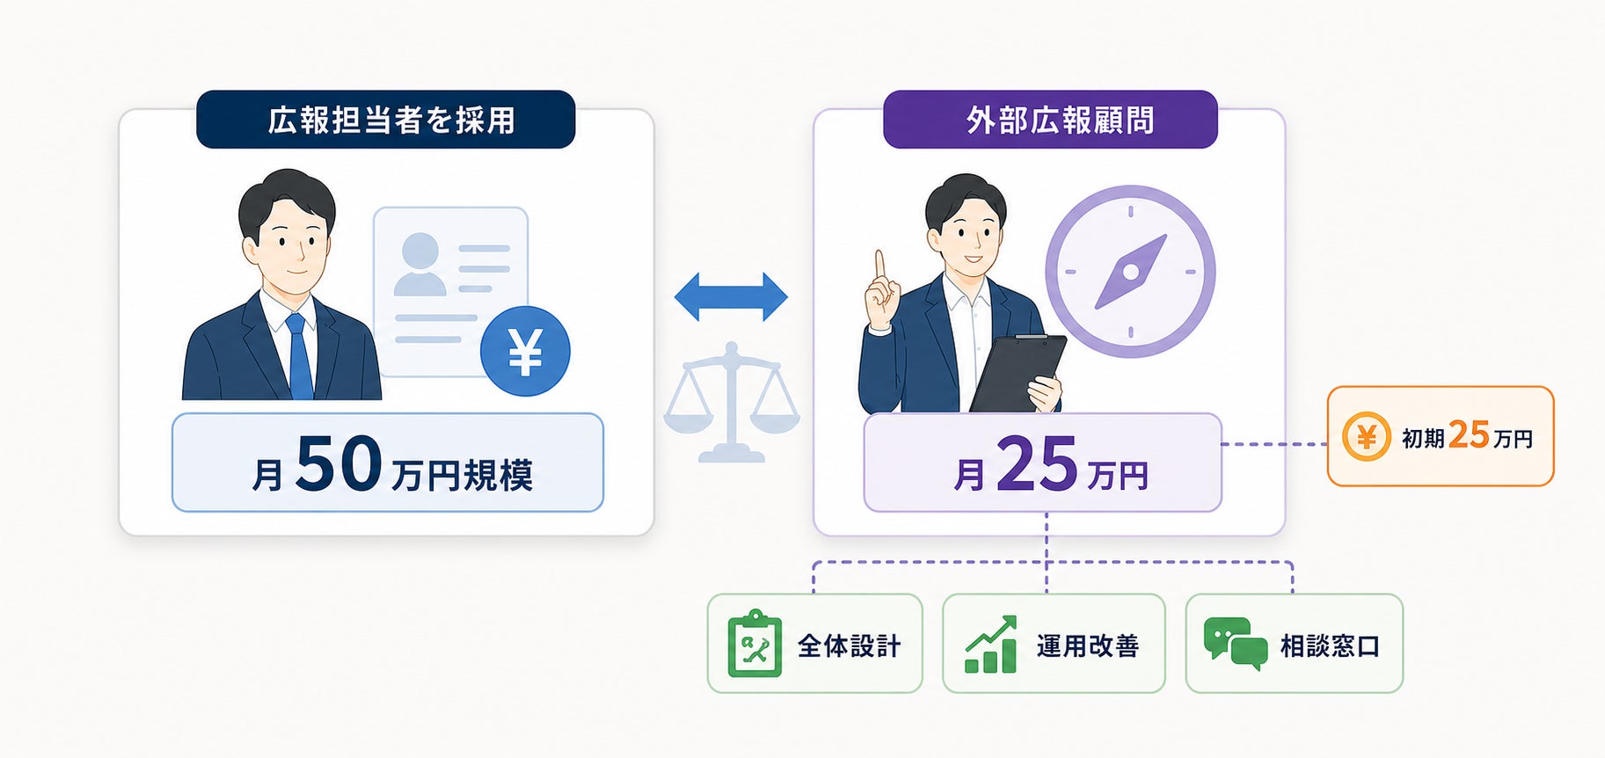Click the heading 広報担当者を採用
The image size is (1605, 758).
point(391,120)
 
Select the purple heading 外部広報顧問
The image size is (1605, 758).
point(1060,120)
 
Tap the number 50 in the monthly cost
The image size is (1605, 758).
point(339,463)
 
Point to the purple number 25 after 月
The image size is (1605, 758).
point(1037,463)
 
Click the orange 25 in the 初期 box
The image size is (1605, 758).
point(1469,435)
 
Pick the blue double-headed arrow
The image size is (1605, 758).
point(731,296)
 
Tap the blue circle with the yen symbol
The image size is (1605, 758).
point(525,351)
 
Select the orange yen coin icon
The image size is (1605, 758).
point(1366,436)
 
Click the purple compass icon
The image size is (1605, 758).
point(1130,272)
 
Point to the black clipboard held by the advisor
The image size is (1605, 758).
point(1018,373)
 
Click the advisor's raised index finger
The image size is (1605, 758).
point(879,265)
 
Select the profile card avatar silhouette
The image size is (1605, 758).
point(420,263)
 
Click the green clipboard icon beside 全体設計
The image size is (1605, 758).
point(755,643)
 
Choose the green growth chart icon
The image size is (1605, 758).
point(991,645)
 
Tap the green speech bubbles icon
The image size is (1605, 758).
point(1236,644)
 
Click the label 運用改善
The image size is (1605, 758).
point(1088,646)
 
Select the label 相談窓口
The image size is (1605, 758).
point(1330,646)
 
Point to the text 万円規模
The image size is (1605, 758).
point(462,476)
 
